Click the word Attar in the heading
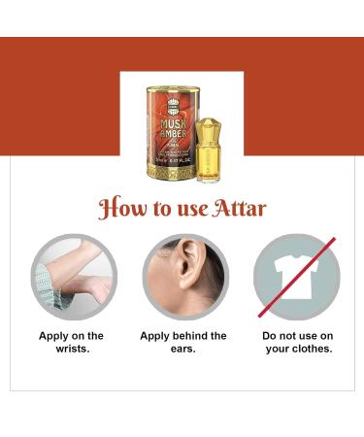[239, 209]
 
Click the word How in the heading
[122, 209]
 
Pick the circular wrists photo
[74, 277]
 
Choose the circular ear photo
[185, 277]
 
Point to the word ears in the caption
[183, 349]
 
